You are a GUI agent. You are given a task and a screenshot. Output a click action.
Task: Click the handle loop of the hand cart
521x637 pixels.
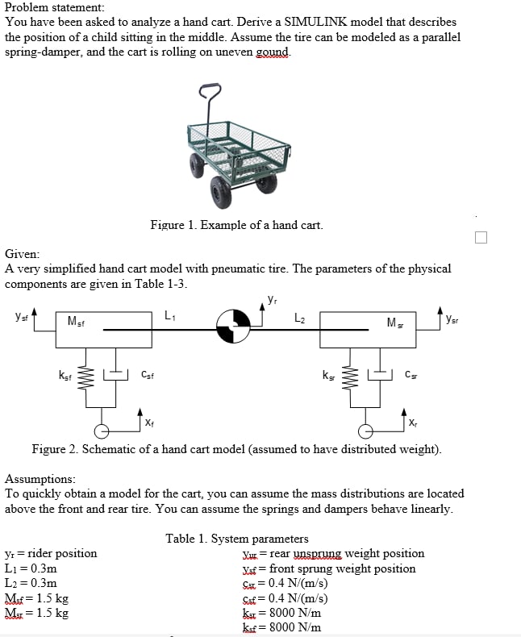pos(212,91)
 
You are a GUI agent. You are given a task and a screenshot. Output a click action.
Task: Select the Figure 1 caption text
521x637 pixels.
pos(236,225)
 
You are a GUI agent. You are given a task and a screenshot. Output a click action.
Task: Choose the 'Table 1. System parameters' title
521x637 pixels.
pos(237,539)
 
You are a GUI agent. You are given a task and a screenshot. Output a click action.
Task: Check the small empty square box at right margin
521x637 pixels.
pos(481,237)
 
